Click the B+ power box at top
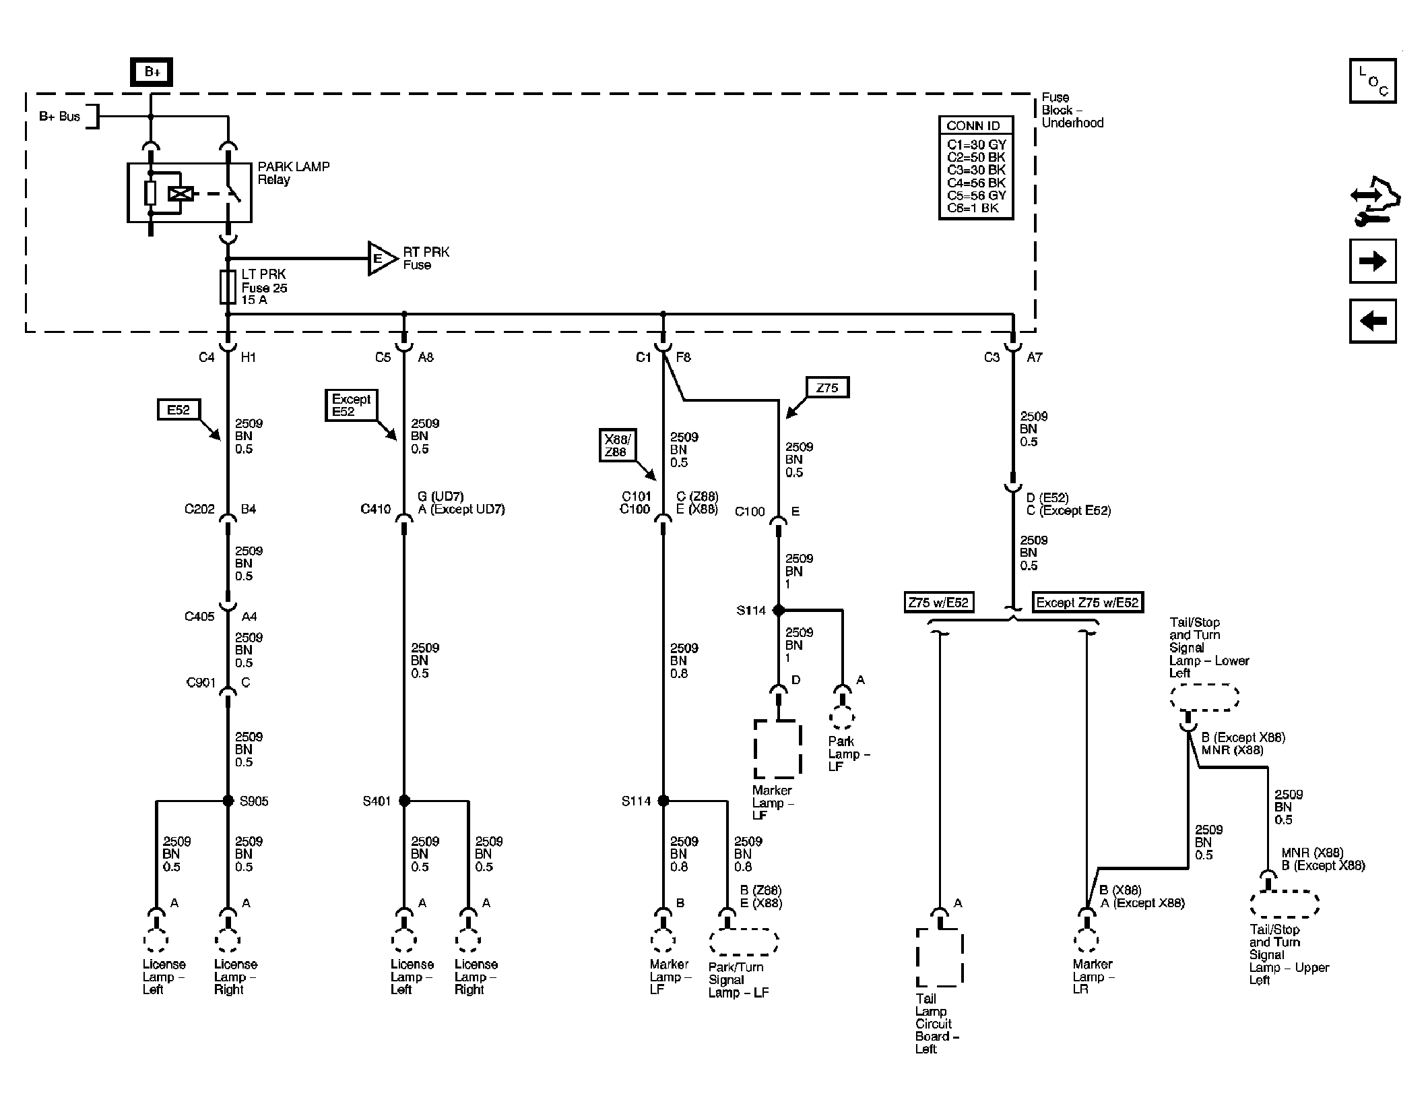[151, 72]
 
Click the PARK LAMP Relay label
[293, 173]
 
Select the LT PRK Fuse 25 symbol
[228, 287]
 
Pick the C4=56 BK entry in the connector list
[976, 183]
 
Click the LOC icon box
[1372, 81]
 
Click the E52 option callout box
[178, 410]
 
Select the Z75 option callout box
[826, 388]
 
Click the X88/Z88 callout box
[616, 446]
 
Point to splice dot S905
[228, 801]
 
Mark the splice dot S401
[404, 801]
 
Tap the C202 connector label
[199, 510]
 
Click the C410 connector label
[375, 510]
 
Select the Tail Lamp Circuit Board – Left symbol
[939, 957]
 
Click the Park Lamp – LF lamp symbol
[842, 718]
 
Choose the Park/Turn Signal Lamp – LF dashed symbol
[743, 942]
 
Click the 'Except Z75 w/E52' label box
[1087, 603]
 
